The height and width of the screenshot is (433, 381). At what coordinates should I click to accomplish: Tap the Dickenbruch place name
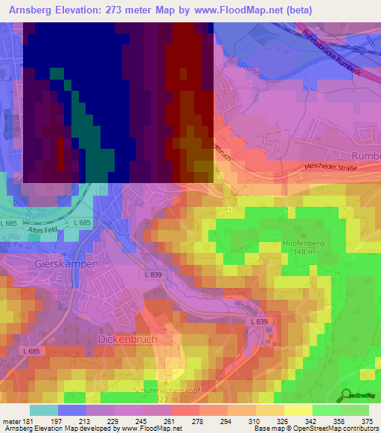(x=127, y=339)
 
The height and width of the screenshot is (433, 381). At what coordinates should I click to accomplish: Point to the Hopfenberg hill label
(x=307, y=243)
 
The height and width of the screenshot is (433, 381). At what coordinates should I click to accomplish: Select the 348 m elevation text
(x=307, y=253)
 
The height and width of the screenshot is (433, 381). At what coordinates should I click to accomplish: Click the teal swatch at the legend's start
(x=44, y=410)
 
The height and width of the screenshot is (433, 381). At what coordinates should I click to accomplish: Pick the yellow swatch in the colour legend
(x=298, y=410)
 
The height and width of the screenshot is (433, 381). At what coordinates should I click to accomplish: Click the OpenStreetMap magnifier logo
(x=346, y=397)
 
